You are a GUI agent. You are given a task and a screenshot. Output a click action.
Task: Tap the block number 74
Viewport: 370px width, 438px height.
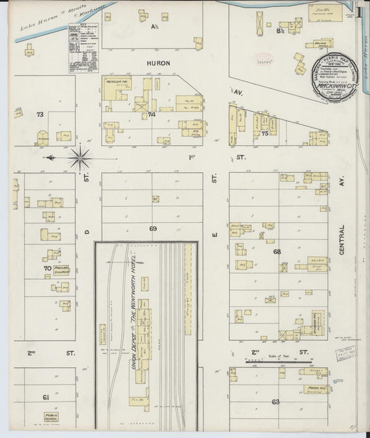(x=151, y=115)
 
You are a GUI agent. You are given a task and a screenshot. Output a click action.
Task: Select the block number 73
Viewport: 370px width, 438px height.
(x=40, y=114)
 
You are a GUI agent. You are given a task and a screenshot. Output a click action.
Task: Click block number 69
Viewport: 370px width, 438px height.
(x=152, y=228)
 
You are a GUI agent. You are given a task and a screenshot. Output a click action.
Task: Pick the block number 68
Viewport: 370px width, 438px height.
(x=277, y=251)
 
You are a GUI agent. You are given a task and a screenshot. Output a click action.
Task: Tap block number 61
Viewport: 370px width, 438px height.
(x=46, y=397)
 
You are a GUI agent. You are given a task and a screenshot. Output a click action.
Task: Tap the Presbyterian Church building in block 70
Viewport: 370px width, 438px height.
(x=60, y=270)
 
